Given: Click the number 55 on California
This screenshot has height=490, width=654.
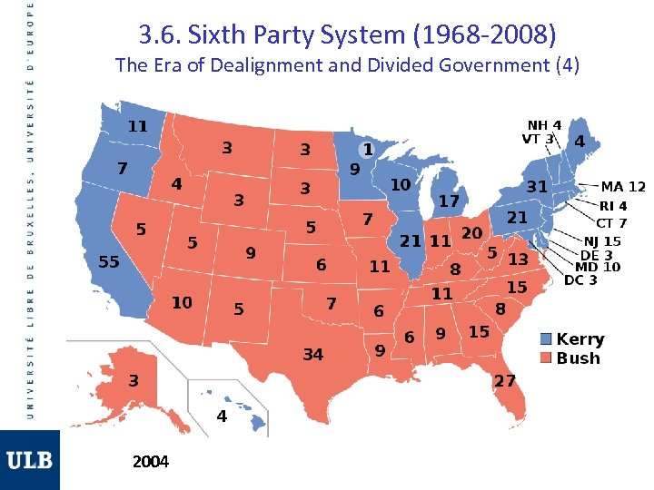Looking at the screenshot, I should [109, 261].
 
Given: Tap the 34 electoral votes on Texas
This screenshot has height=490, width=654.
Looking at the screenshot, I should [312, 354].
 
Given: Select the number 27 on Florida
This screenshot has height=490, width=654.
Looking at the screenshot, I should [504, 380].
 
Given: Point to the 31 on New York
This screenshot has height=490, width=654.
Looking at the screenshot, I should [537, 185].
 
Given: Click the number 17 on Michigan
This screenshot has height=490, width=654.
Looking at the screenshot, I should [449, 201].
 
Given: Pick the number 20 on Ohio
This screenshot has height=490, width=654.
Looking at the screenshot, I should [471, 233].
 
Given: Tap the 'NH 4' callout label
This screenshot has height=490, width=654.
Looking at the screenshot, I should [544, 125].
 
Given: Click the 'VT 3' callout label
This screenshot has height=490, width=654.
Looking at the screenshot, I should [537, 139].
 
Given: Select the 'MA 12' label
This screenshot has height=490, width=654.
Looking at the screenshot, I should [623, 187].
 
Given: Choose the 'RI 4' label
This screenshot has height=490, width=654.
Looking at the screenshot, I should [612, 206].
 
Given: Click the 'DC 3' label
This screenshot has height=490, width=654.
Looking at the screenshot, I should [580, 280].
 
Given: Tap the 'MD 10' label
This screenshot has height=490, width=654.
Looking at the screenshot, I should [598, 267].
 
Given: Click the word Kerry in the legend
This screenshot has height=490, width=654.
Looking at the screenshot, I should [580, 339].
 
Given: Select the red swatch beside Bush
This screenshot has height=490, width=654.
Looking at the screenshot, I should [545, 358].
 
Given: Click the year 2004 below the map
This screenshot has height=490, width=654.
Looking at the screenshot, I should [150, 462].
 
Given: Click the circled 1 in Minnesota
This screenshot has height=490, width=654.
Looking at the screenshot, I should [367, 147].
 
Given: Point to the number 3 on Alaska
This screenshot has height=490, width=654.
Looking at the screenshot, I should [133, 380].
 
